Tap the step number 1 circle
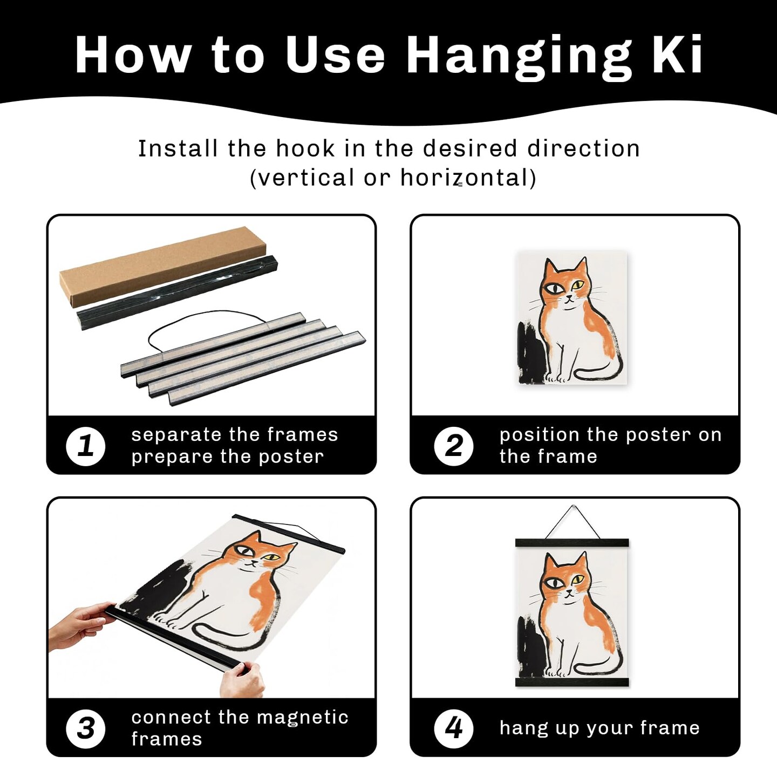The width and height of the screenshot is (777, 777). (x=85, y=446)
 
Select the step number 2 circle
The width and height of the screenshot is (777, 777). (x=454, y=446)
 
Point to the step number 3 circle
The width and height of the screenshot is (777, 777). (x=85, y=729)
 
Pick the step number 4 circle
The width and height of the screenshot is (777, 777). (x=454, y=729)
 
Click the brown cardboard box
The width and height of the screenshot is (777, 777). (x=163, y=267)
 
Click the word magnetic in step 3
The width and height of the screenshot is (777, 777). (x=302, y=718)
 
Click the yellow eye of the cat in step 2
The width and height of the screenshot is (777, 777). (x=578, y=285)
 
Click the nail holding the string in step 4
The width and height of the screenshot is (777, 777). (x=574, y=507)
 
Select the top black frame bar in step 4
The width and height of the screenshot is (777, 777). (x=572, y=543)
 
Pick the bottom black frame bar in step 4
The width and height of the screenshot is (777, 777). (x=572, y=682)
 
